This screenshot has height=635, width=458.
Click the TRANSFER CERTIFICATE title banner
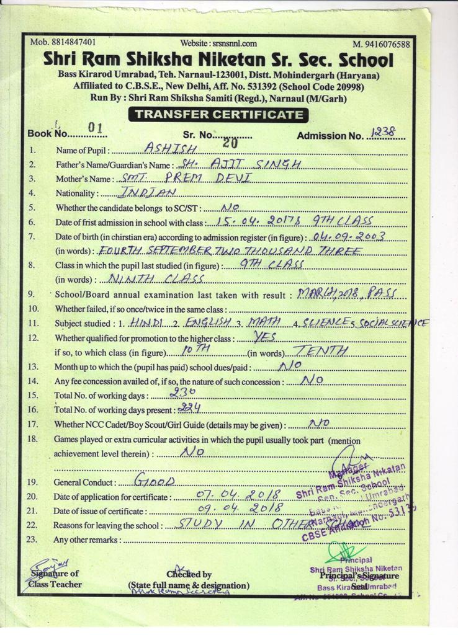click(x=219, y=114)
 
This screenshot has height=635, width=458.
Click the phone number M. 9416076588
click(x=381, y=43)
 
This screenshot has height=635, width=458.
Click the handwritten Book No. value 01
click(x=95, y=128)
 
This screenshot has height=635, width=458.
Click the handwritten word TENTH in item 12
click(x=320, y=351)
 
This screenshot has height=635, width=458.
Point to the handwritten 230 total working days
click(x=182, y=393)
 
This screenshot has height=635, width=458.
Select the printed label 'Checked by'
click(x=189, y=575)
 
